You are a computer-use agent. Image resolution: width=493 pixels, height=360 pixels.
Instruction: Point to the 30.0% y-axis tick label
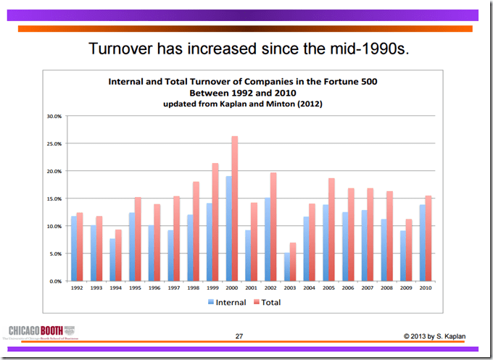pos(54,115)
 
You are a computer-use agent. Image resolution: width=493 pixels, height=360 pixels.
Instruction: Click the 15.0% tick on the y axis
pos(54,198)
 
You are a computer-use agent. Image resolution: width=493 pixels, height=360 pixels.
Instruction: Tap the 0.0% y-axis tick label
pos(55,281)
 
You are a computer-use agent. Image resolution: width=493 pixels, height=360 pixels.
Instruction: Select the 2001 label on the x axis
pos(251,288)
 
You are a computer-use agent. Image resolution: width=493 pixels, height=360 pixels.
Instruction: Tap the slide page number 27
pos(239,336)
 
